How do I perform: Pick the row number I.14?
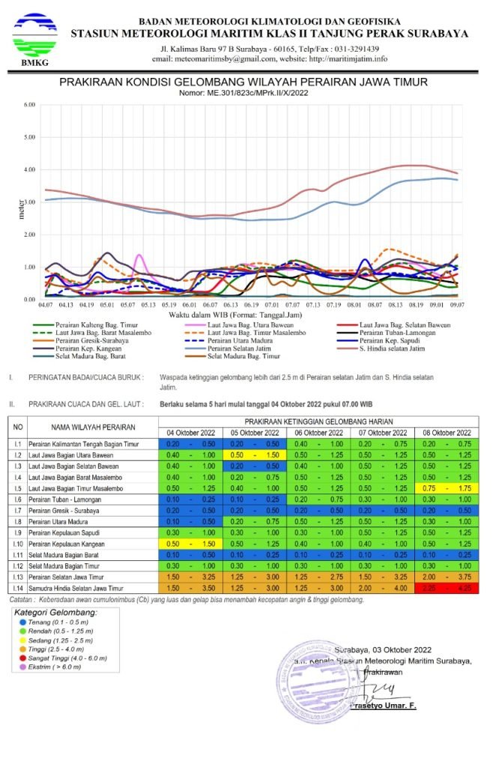(16, 589)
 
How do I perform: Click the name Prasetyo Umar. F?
(383, 706)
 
